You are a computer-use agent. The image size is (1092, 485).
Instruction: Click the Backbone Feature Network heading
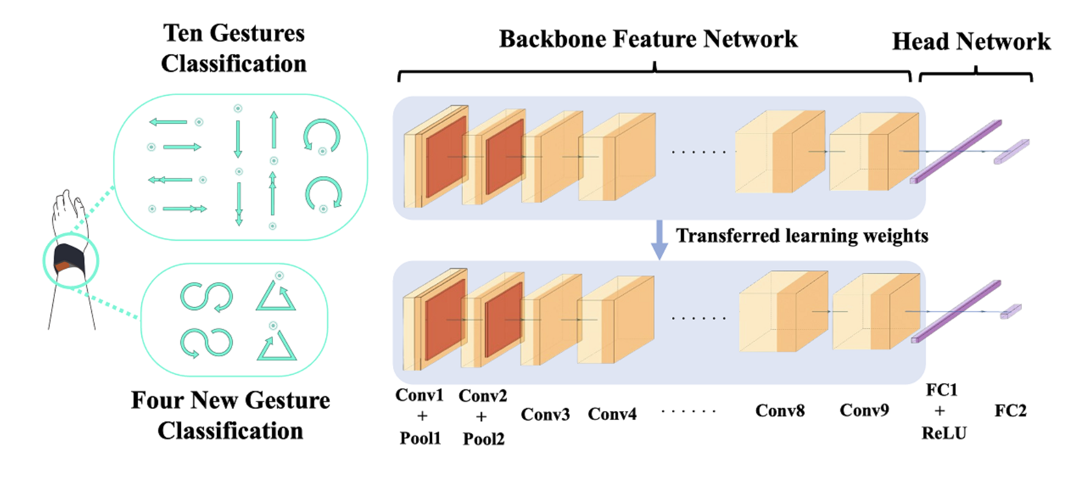point(648,39)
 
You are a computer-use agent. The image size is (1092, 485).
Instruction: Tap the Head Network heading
point(971,41)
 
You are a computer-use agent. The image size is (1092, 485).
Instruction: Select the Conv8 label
point(780,411)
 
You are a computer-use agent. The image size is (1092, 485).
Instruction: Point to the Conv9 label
point(864,410)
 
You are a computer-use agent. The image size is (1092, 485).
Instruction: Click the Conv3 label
point(545,414)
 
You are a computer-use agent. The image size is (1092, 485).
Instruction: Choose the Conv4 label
point(612,414)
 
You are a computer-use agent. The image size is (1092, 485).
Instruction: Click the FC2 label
point(1010,411)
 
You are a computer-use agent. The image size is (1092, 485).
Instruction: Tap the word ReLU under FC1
point(944,433)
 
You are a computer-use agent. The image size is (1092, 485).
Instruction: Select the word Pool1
point(420,438)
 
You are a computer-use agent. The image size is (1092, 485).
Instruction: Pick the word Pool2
point(483,439)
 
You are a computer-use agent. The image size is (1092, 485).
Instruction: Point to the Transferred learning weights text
point(802,236)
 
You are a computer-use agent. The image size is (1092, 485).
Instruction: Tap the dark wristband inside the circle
point(68,259)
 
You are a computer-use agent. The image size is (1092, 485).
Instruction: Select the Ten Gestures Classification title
point(234,48)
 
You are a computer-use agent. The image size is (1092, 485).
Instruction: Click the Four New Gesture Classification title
point(230,415)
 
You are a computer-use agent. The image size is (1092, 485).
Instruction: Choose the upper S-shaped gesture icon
point(207,297)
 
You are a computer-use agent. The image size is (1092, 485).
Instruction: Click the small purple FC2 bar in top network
point(1012,152)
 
